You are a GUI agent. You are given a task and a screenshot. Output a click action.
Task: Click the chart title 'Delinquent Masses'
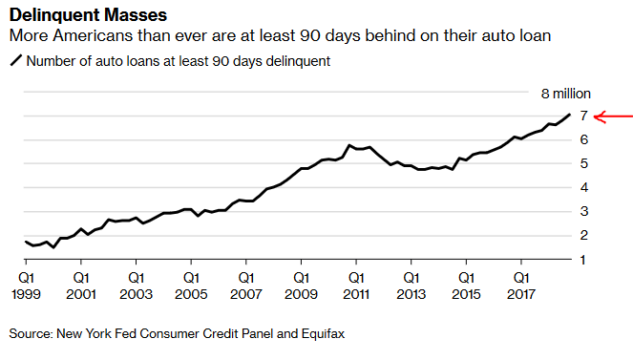click(x=88, y=15)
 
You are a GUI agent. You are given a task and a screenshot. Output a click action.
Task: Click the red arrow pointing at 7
click(x=613, y=117)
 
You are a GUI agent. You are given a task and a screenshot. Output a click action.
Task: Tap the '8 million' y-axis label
click(x=565, y=94)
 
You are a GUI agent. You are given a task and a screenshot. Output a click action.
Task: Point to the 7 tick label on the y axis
click(x=583, y=116)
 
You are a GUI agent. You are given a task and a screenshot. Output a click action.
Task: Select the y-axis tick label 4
click(x=583, y=187)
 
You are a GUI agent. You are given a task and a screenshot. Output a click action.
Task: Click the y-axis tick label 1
click(x=582, y=260)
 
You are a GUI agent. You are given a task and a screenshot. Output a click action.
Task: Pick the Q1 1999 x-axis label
click(x=26, y=286)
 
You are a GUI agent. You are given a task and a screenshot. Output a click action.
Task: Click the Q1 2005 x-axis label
click(x=191, y=286)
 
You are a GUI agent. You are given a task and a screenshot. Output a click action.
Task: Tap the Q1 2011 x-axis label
click(x=356, y=286)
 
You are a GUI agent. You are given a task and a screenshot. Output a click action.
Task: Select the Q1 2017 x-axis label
click(x=521, y=286)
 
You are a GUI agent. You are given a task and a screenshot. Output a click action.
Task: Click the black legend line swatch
click(x=16, y=61)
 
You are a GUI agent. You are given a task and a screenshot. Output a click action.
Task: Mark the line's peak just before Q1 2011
click(x=349, y=145)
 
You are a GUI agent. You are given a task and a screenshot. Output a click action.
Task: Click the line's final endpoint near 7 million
click(x=570, y=115)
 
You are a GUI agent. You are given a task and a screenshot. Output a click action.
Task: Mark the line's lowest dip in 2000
click(x=53, y=247)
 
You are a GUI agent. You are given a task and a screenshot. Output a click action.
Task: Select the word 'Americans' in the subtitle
click(x=93, y=36)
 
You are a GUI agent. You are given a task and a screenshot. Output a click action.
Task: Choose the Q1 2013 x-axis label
click(x=411, y=286)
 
